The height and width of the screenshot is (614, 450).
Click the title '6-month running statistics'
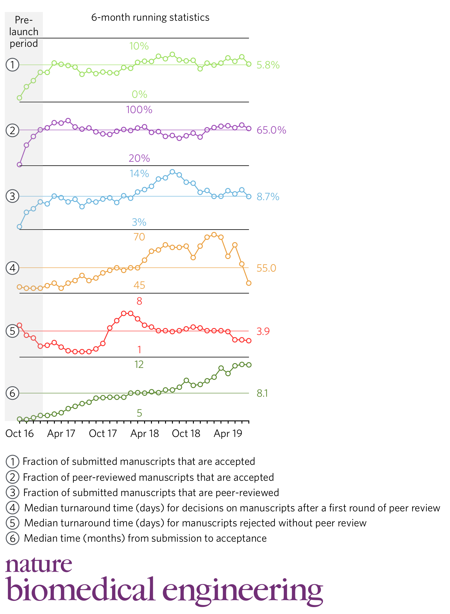click(150, 17)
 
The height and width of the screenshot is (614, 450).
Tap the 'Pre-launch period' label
click(24, 32)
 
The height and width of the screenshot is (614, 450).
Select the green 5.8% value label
click(268, 65)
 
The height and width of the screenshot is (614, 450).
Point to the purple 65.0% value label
click(271, 130)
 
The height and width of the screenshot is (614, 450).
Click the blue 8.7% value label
click(268, 197)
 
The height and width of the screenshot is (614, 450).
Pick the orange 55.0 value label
click(266, 268)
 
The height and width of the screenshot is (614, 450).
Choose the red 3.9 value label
click(263, 331)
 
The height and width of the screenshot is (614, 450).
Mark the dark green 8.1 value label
click(262, 393)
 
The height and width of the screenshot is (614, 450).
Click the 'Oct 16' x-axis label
click(19, 434)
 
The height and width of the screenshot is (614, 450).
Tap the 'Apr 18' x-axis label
click(145, 434)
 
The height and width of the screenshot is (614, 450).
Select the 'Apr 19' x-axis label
click(228, 434)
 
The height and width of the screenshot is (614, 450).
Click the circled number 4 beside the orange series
click(12, 268)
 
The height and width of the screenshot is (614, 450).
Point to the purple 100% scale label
click(139, 110)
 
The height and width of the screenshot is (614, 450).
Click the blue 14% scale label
click(139, 173)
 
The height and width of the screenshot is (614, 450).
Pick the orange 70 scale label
click(139, 237)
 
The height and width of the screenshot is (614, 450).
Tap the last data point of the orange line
click(249, 283)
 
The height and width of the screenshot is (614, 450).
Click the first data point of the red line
click(19, 325)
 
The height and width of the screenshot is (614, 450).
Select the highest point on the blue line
click(172, 172)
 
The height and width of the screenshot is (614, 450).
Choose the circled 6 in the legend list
click(12, 538)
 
